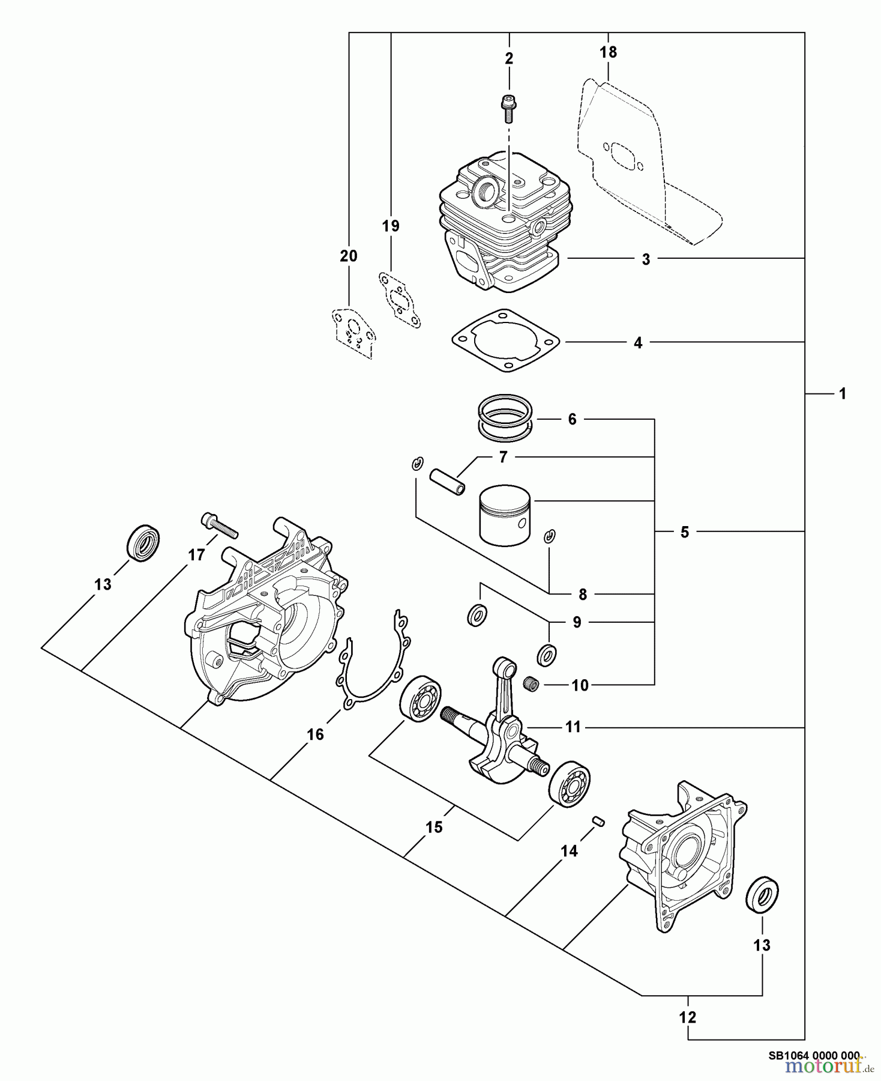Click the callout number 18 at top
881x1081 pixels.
pos(607,52)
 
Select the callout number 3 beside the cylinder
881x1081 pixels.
pos(646,259)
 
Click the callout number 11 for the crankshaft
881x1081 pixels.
pos(573,727)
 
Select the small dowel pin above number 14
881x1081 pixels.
pos(598,821)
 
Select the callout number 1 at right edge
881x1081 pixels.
pos(842,393)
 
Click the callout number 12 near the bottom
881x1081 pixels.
pos(687,1017)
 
